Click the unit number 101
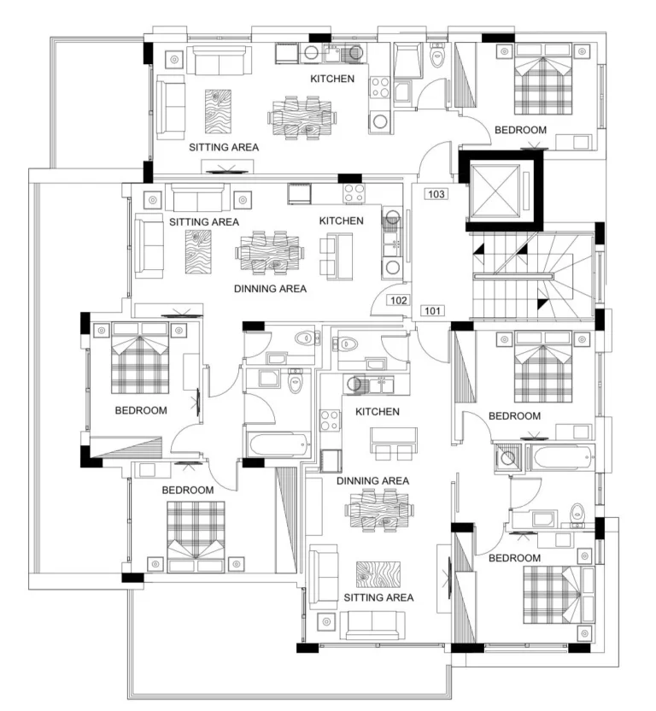click(432, 310)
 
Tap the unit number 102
click(398, 300)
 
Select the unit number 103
click(436, 194)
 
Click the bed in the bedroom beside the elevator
click(543, 79)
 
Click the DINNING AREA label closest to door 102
click(270, 289)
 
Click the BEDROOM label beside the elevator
click(520, 130)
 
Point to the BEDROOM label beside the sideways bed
click(514, 558)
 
